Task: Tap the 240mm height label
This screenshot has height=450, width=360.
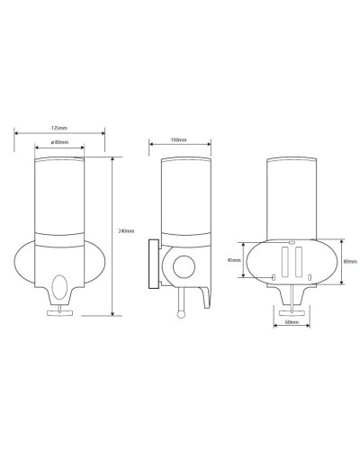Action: pos(126,230)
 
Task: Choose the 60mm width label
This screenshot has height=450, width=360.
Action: pos(291,320)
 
